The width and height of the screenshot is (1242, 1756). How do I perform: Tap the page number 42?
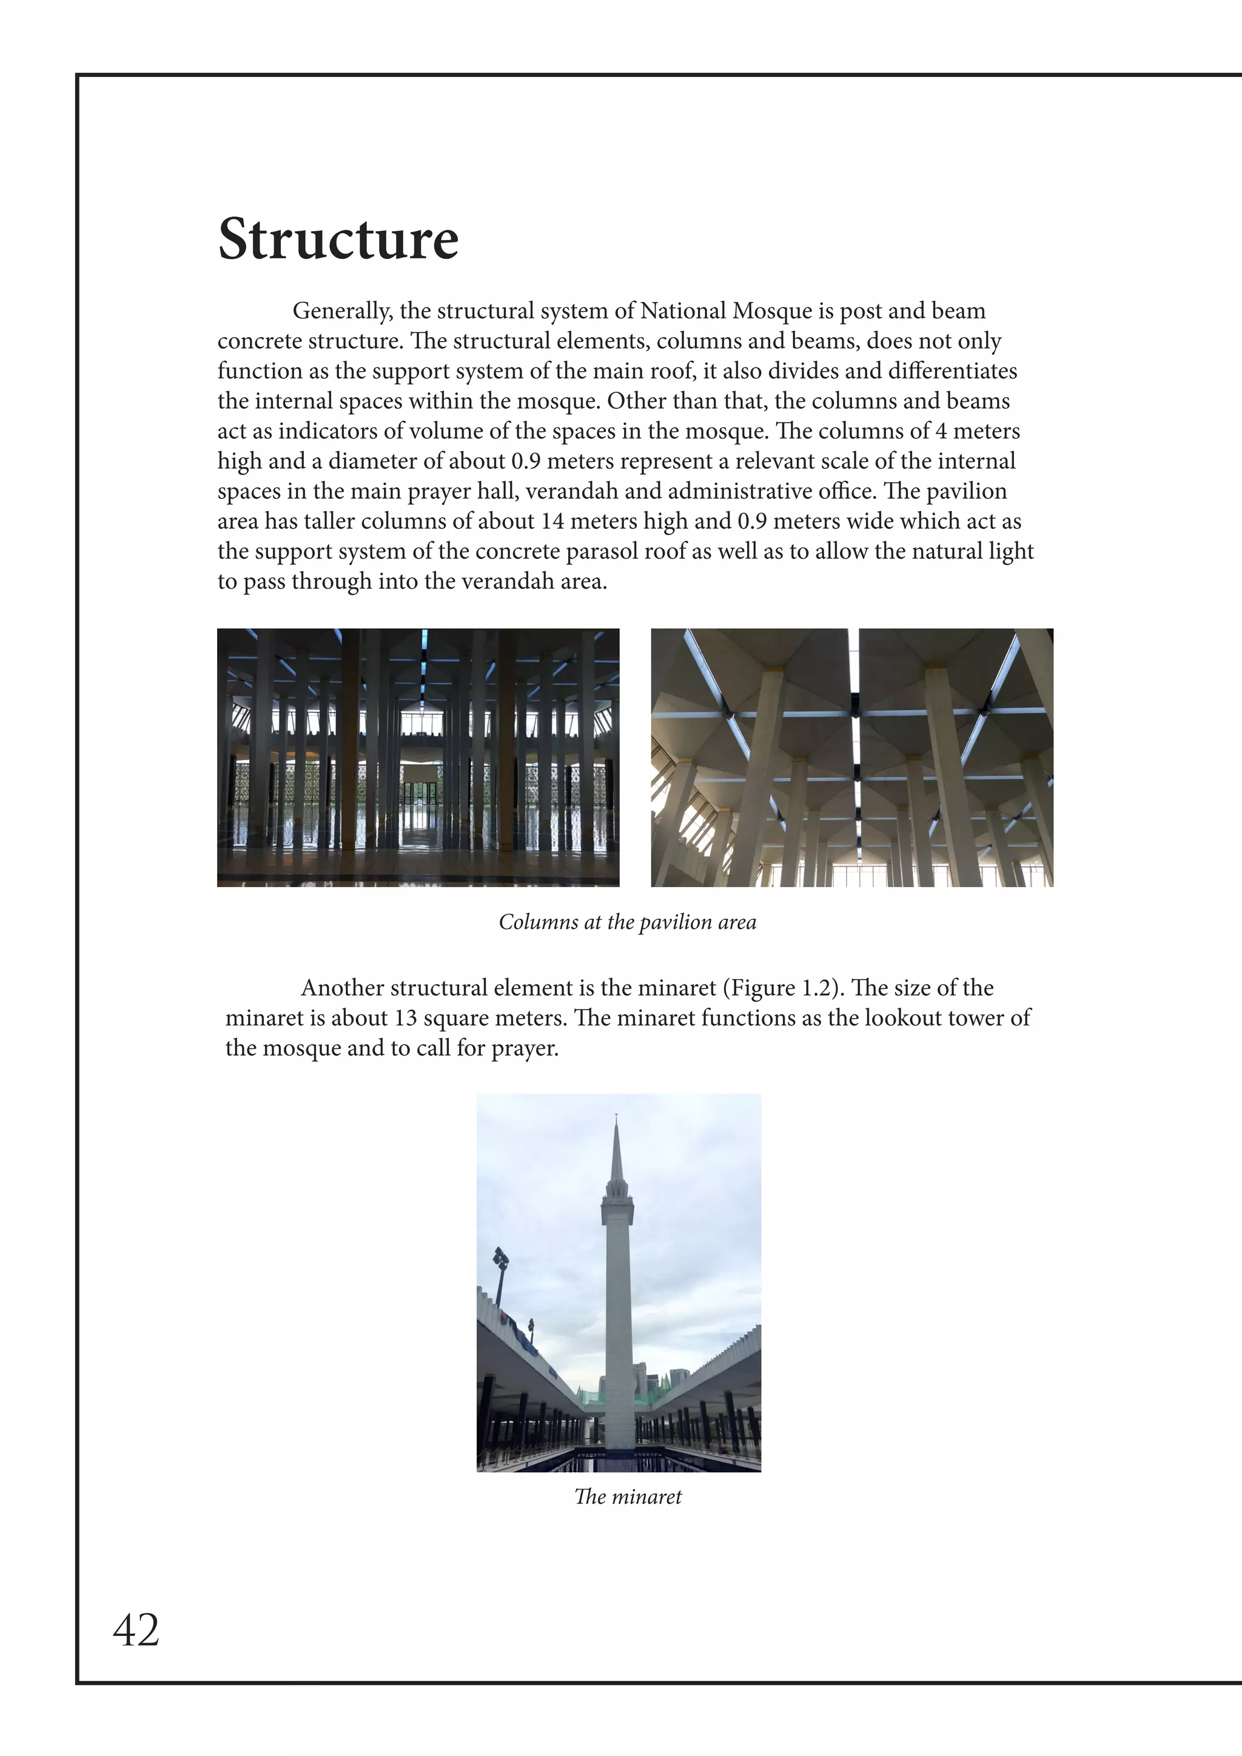coord(136,1630)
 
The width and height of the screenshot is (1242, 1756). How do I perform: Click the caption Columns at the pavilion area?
coord(627,922)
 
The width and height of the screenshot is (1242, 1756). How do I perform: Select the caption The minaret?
coord(627,1496)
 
